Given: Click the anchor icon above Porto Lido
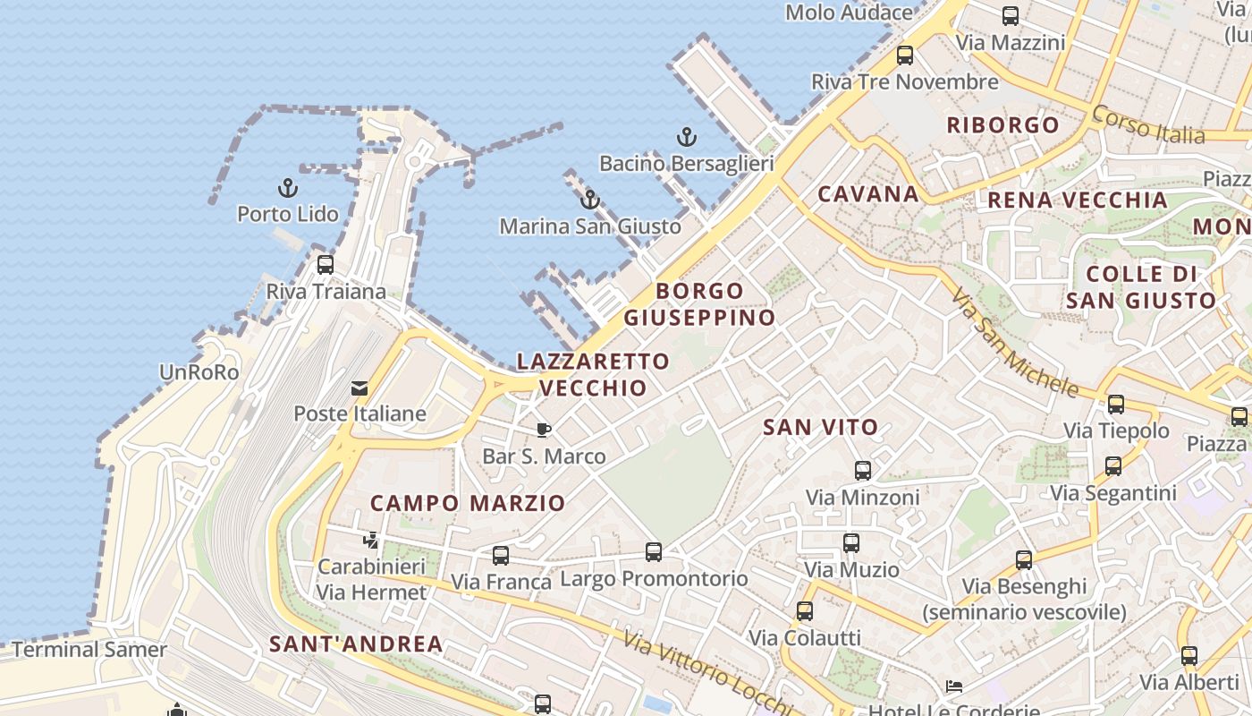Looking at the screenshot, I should coord(287,188).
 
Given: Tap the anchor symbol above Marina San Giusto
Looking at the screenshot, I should coord(589,200).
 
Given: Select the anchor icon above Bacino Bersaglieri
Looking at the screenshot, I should coord(686,137).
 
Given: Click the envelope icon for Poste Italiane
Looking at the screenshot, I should coord(360,388).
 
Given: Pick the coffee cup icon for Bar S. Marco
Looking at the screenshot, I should coord(544,430).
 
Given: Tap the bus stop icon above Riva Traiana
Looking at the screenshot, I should coord(326,265).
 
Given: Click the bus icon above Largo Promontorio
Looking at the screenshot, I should coord(654,552).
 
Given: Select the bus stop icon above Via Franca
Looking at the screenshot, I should coord(501,556).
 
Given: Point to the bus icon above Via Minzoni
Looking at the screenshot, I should coord(863,471).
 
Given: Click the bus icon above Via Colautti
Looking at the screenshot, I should coord(805,611).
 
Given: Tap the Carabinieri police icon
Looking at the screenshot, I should coord(371,541).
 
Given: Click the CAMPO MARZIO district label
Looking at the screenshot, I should coord(468,503).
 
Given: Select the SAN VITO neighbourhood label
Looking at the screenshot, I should coord(821,428).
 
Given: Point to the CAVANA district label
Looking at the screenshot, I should coord(868,194).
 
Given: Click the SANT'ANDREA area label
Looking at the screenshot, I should coord(356,644).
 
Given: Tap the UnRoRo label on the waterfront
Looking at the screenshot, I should coord(199,372).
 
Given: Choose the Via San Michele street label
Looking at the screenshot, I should coord(1014,342).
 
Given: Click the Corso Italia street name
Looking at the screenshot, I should coord(1149,124).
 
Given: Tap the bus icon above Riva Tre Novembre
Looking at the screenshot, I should coord(905,55).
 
